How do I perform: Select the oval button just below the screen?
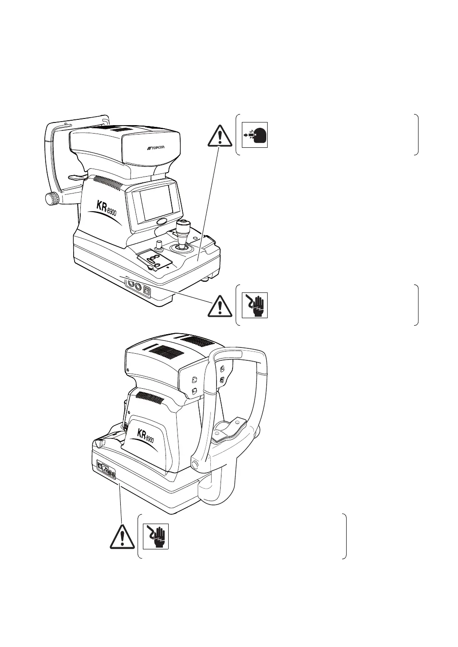click(161, 221)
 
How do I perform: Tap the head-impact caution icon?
click(254, 134)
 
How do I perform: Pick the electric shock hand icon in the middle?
click(254, 305)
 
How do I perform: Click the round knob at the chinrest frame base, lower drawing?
click(195, 464)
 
